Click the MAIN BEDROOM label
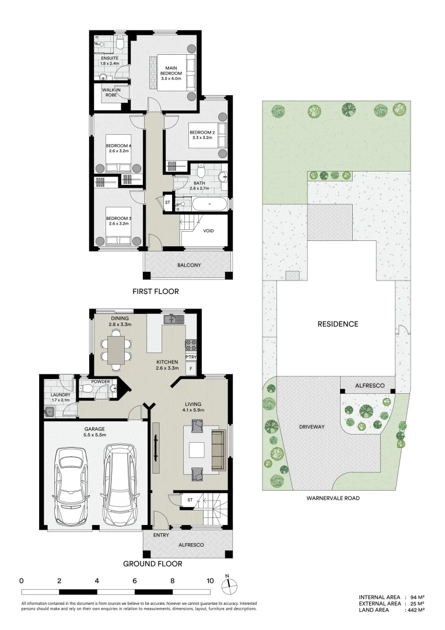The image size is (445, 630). (174, 73)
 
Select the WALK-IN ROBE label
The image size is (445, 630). (111, 92)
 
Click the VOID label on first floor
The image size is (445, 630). (208, 231)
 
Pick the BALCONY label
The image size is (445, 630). (190, 265)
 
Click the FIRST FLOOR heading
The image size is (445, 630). (155, 291)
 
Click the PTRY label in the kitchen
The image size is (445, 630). (191, 357)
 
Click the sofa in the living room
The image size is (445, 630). (218, 450)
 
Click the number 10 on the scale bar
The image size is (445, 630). (210, 581)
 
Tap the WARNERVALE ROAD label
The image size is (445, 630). (333, 499)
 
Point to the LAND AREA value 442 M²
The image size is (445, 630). (415, 610)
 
